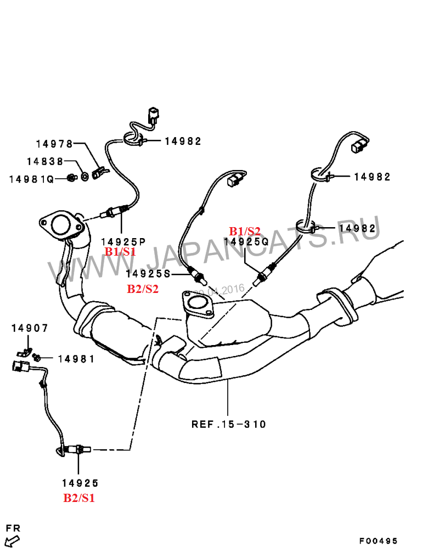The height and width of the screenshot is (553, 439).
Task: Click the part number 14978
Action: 54,144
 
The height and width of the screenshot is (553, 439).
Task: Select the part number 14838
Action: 44,161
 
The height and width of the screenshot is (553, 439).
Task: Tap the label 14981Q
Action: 31,179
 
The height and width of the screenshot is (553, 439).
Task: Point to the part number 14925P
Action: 123,241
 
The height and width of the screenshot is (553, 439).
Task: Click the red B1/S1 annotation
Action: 120,252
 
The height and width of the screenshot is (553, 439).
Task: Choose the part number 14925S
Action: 149,274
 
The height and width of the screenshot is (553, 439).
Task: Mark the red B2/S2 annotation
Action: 143,289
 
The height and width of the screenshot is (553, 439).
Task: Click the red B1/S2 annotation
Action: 245,231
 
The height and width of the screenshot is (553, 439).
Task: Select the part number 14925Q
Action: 246,241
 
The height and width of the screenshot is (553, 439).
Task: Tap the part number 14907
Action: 30,328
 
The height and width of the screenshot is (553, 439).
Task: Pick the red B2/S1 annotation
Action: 79,498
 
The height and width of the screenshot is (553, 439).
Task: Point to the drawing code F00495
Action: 379,541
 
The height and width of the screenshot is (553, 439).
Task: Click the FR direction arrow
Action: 10,541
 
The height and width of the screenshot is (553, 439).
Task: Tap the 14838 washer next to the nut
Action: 85,177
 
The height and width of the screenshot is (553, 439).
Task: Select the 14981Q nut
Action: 71,177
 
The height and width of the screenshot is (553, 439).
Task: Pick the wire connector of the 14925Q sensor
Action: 358,146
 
